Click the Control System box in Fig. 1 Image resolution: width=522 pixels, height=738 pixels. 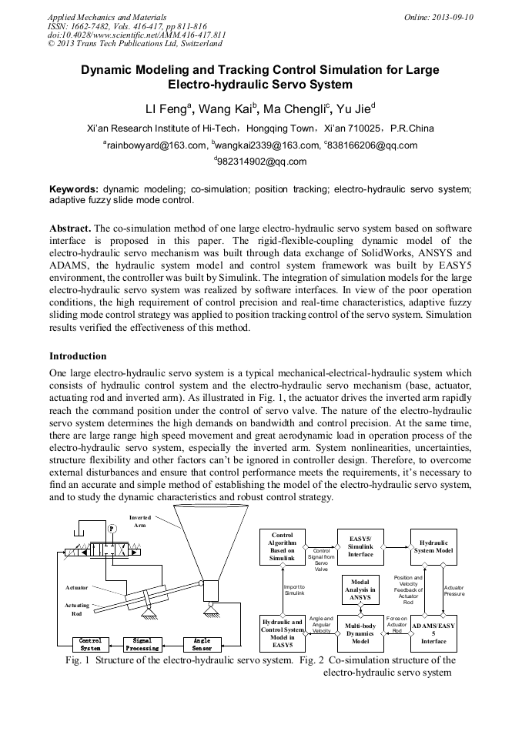click(90, 644)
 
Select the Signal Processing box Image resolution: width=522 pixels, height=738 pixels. click(142, 644)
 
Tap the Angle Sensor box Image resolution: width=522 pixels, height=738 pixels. click(202, 644)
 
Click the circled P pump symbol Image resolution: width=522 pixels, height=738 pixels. click(112, 529)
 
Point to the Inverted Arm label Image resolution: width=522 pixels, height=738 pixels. click(140, 522)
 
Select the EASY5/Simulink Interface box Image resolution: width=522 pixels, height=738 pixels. click(360, 546)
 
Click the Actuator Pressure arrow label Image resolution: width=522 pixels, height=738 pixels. click(454, 591)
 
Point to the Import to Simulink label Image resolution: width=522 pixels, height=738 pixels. click(295, 591)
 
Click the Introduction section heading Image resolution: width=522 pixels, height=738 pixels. click(78, 356)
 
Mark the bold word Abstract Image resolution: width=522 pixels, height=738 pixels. click(70, 229)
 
